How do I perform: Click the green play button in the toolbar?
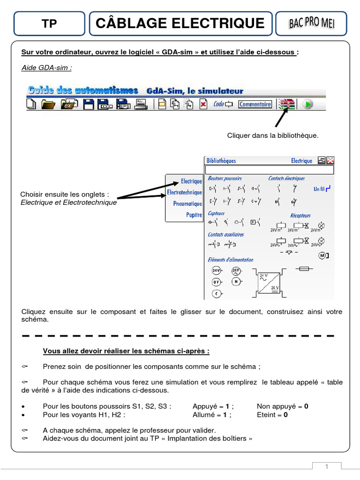tap(307, 105)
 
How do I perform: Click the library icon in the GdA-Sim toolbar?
tap(286, 105)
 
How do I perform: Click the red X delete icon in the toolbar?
tap(202, 105)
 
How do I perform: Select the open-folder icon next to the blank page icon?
tap(47, 105)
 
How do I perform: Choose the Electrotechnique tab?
tap(185, 193)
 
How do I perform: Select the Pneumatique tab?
tap(187, 204)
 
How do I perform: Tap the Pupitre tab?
tap(194, 215)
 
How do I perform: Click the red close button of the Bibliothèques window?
tap(330, 160)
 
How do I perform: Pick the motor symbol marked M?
tap(323, 255)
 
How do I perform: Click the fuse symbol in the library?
tap(304, 269)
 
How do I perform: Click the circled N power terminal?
tap(236, 282)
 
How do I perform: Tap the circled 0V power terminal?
tap(216, 282)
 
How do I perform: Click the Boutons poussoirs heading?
tap(225, 178)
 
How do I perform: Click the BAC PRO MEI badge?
tap(312, 23)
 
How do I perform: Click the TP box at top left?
tap(49, 24)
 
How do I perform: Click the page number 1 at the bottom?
tap(326, 466)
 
